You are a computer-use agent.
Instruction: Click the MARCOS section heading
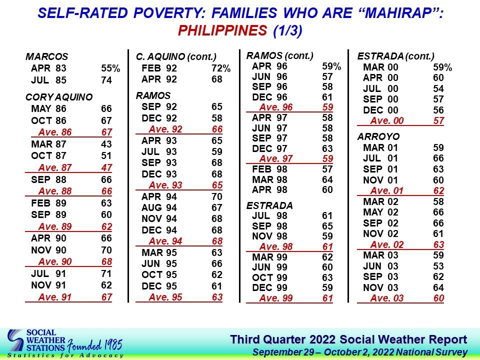click(47, 56)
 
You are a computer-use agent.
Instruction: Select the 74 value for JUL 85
click(106, 80)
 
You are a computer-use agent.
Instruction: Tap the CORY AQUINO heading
click(59, 97)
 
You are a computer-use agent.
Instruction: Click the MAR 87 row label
click(48, 144)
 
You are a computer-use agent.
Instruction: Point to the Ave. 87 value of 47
click(106, 168)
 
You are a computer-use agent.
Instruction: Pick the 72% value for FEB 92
click(221, 68)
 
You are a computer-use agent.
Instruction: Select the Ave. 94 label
click(165, 241)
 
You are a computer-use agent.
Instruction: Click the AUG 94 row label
click(159, 207)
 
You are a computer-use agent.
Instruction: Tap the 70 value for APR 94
click(216, 196)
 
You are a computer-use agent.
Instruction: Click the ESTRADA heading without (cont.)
click(269, 205)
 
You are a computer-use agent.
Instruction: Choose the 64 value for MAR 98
click(327, 179)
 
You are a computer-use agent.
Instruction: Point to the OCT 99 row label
click(269, 277)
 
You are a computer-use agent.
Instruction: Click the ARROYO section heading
click(378, 136)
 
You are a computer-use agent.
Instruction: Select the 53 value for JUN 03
click(438, 266)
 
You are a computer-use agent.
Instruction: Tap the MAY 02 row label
click(381, 212)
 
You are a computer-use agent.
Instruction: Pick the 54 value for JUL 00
click(438, 89)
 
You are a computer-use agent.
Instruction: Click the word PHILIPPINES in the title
click(222, 30)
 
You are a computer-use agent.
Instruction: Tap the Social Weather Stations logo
click(36, 340)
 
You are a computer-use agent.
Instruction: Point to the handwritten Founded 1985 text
click(95, 345)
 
